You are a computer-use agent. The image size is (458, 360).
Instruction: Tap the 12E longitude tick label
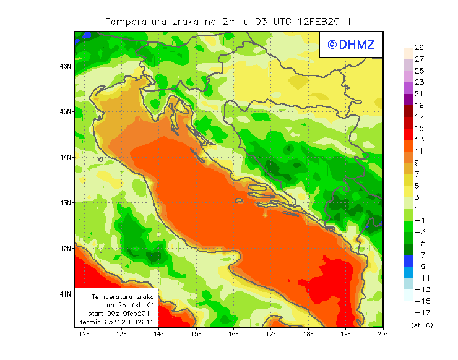coord(85,335)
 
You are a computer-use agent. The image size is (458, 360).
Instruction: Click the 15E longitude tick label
coord(197,335)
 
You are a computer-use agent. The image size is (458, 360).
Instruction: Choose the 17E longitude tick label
coord(271,335)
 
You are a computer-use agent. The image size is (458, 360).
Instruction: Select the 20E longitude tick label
coord(383,335)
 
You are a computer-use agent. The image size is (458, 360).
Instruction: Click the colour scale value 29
coord(419,48)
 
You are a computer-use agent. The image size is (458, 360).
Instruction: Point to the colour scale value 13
coord(419,140)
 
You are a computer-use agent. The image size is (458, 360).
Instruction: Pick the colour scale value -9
coord(419,267)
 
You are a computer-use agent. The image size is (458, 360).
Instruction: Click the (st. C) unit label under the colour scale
coord(421,325)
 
